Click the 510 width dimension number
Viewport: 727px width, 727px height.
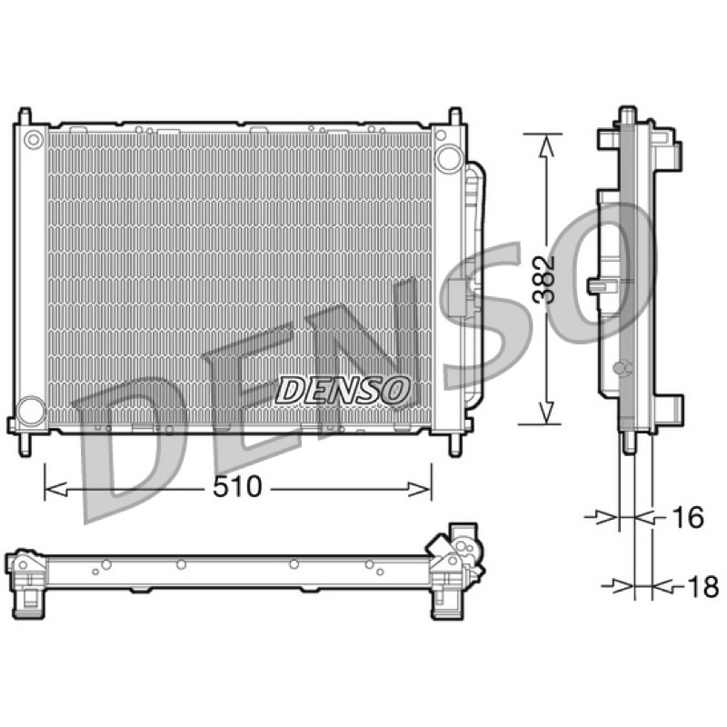[237, 487]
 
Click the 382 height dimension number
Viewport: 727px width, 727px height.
[543, 279]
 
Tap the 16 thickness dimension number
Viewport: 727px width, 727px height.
[688, 517]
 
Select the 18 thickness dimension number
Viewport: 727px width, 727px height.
[703, 587]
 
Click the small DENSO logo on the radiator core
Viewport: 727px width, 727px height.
[344, 389]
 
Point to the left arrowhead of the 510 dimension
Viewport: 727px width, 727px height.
[56, 489]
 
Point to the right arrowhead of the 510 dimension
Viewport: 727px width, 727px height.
[419, 489]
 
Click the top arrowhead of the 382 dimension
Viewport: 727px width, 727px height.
[547, 145]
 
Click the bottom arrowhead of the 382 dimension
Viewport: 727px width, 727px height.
[547, 413]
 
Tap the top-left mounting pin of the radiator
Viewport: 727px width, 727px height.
[25, 116]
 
